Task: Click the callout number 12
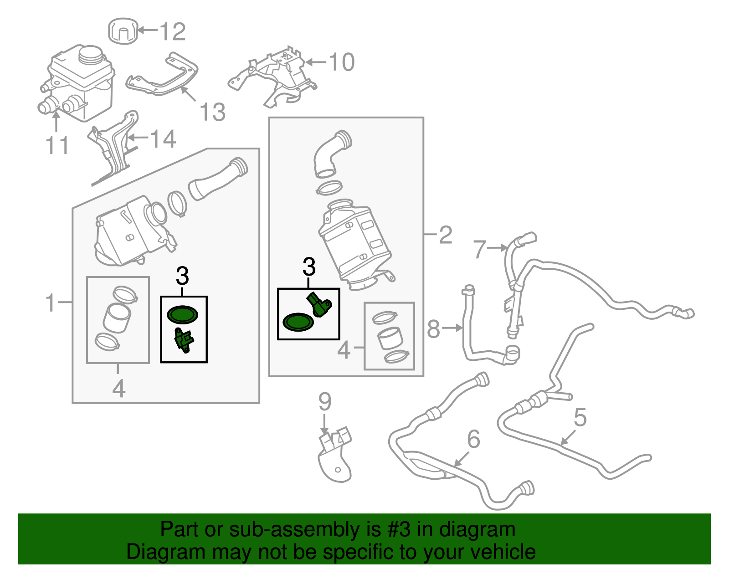pyautogui.click(x=172, y=31)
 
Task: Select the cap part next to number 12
pyautogui.click(x=123, y=31)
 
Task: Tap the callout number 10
pyautogui.click(x=341, y=62)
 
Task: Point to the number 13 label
pyautogui.click(x=212, y=112)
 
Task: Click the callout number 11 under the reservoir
pyautogui.click(x=57, y=145)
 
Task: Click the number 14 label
pyautogui.click(x=163, y=139)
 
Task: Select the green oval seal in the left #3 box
pyautogui.click(x=182, y=314)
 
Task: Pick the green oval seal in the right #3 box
pyautogui.click(x=298, y=322)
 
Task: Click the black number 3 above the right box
pyautogui.click(x=309, y=267)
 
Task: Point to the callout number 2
pyautogui.click(x=445, y=235)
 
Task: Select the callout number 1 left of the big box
pyautogui.click(x=51, y=303)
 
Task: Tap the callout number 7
pyautogui.click(x=479, y=249)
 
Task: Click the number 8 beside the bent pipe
pyautogui.click(x=433, y=329)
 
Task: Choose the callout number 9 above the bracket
pyautogui.click(x=324, y=402)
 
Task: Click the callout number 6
pyautogui.click(x=474, y=439)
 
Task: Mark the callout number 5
pyautogui.click(x=580, y=417)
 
